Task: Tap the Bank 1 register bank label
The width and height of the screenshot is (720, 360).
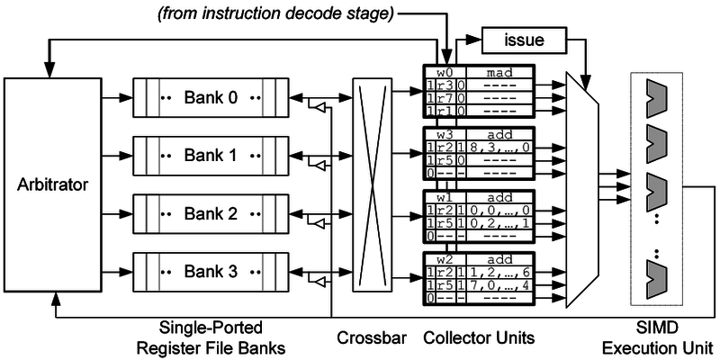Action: coord(210,155)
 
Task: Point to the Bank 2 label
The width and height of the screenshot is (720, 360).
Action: coord(210,213)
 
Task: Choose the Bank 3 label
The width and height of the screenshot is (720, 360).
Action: coord(210,271)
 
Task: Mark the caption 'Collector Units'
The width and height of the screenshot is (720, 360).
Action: coord(478,337)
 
